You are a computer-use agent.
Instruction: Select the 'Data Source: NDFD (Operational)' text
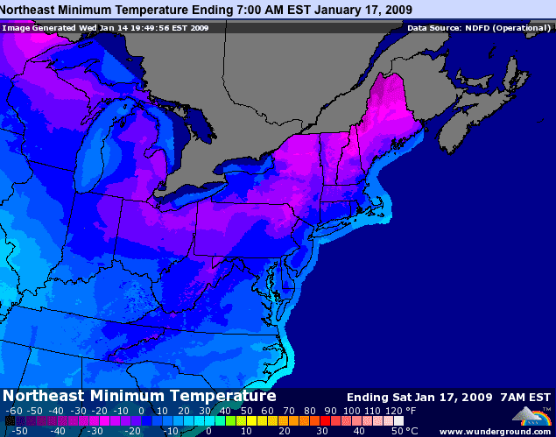pyautogui.click(x=478, y=27)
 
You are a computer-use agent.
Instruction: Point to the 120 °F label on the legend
pyautogui.click(x=394, y=411)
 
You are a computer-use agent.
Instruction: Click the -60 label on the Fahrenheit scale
pyautogui.click(x=14, y=411)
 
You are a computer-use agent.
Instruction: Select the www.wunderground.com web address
pyautogui.click(x=496, y=431)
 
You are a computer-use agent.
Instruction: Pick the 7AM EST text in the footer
pyautogui.click(x=524, y=396)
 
